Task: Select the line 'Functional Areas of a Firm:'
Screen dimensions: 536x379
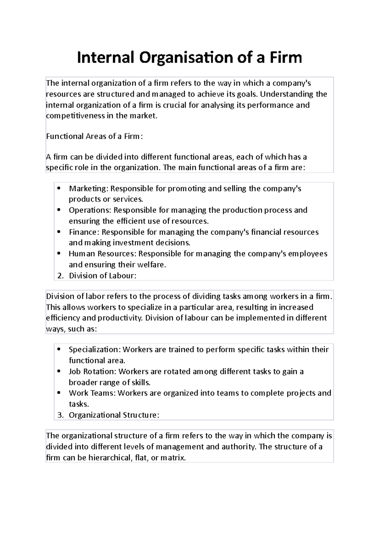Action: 94,136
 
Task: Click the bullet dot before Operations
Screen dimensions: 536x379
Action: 59,210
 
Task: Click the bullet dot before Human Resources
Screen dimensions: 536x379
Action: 59,253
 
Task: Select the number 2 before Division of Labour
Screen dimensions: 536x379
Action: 60,276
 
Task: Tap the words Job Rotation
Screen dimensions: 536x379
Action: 92,372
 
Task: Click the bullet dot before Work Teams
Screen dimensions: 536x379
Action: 59,393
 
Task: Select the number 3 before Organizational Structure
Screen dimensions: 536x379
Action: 60,415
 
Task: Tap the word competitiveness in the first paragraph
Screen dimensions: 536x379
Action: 75,116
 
